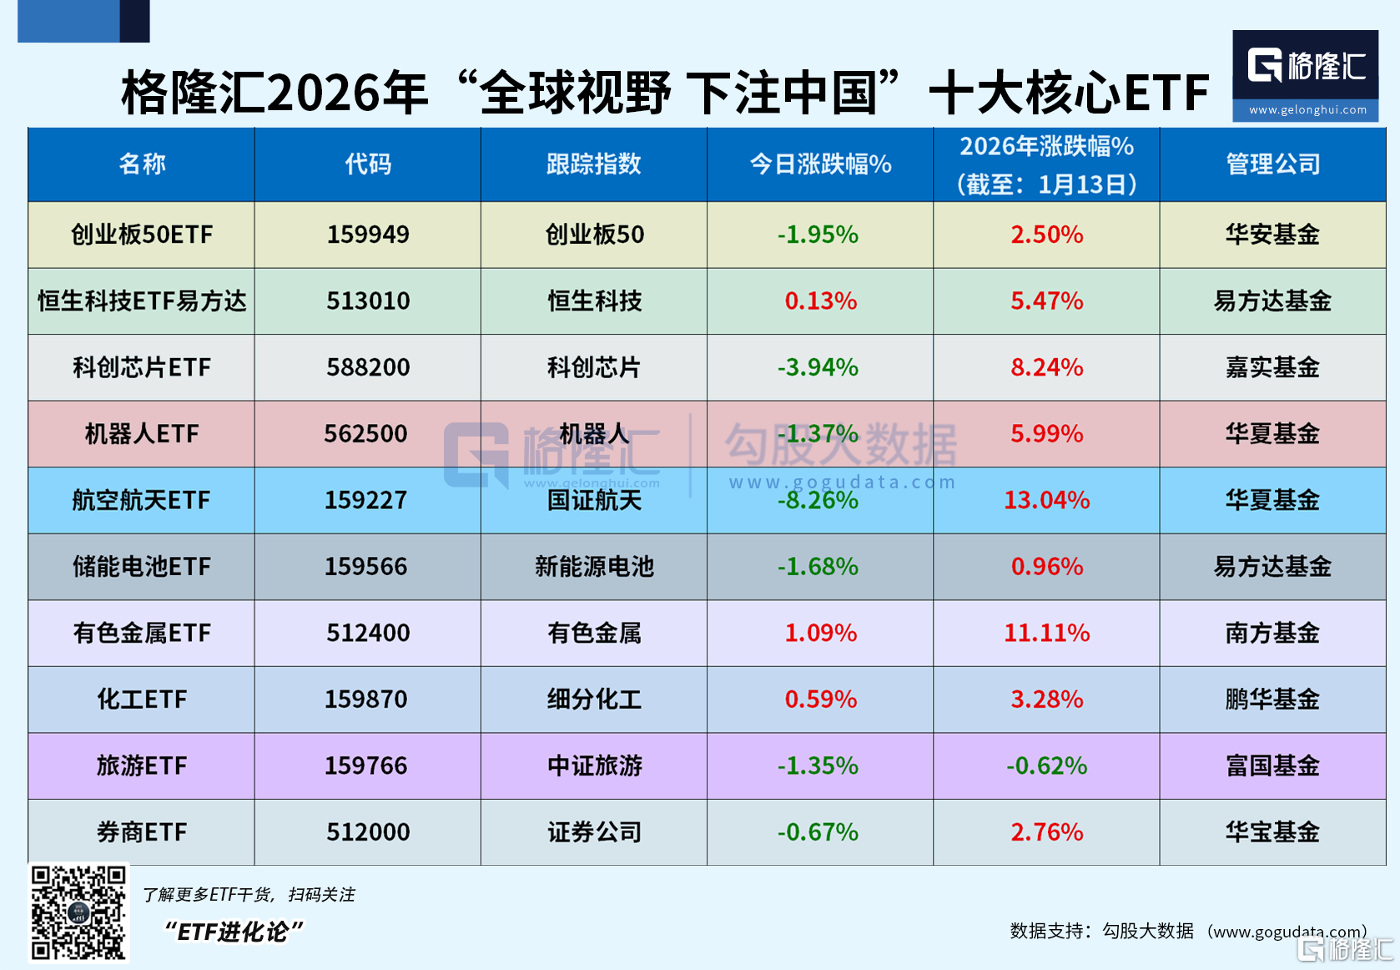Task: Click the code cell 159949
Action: (368, 235)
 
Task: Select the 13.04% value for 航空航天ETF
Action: (1046, 500)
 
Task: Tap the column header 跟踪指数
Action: (593, 164)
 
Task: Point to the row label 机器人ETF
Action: (142, 434)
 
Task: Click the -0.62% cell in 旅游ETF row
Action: (1046, 765)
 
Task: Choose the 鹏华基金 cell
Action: (1272, 700)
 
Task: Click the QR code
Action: (78, 912)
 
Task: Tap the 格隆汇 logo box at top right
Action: (1305, 75)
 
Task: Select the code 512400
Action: (368, 633)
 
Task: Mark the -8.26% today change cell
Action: (818, 501)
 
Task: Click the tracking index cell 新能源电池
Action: (594, 567)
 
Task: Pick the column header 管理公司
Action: (1272, 164)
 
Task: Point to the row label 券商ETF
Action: (142, 832)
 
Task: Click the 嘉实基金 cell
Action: (1272, 367)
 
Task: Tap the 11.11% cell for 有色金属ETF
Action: (1046, 633)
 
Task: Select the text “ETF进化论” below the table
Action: (233, 932)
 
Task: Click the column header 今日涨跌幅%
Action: (820, 164)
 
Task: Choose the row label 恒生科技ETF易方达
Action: (142, 301)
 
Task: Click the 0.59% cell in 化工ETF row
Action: (820, 700)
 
